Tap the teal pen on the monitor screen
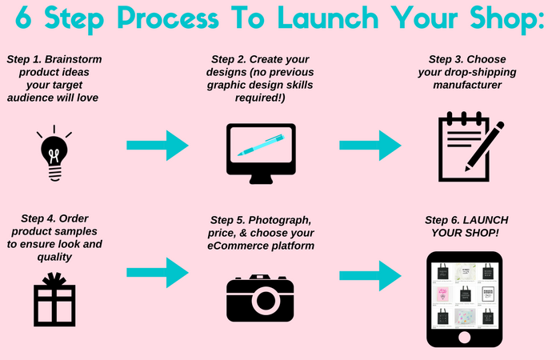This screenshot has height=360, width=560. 261,145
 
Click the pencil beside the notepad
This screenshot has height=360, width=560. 484,146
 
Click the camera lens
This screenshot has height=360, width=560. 266,300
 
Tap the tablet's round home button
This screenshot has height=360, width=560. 464,337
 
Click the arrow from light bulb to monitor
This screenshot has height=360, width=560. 158,146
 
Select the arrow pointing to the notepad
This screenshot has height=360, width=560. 370,146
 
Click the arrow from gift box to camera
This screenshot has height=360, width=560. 158,273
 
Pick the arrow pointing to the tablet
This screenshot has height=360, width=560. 370,276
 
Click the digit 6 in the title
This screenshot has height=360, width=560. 23,18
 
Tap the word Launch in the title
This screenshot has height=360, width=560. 328,18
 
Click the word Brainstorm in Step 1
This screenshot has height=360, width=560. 74,59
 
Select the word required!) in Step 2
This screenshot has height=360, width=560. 260,98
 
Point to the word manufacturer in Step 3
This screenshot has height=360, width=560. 467,85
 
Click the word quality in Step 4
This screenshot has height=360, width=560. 54,257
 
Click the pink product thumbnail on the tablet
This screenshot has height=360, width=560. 442,294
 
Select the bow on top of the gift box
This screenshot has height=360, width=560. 54,279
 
